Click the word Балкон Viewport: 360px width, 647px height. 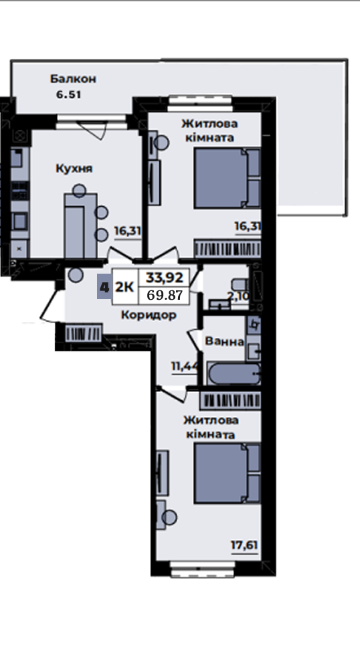point(73,78)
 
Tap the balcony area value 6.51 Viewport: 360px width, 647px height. point(68,94)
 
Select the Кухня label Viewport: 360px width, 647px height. point(74,169)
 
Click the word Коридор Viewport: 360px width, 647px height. point(149,315)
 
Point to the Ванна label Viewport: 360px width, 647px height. point(224,342)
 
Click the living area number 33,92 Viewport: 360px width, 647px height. point(165,277)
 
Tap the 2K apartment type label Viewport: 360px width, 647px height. point(124,287)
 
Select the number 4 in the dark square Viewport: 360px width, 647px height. point(104,287)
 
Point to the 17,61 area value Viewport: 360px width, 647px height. point(244,545)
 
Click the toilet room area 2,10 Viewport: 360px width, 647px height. point(238,296)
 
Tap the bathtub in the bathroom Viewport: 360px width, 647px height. point(234,373)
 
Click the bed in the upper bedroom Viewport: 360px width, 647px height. point(227,178)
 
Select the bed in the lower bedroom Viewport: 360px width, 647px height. point(228,473)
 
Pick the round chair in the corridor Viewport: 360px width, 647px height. point(76,275)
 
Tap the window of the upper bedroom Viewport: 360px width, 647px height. point(201,104)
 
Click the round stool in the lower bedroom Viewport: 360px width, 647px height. point(170,517)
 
